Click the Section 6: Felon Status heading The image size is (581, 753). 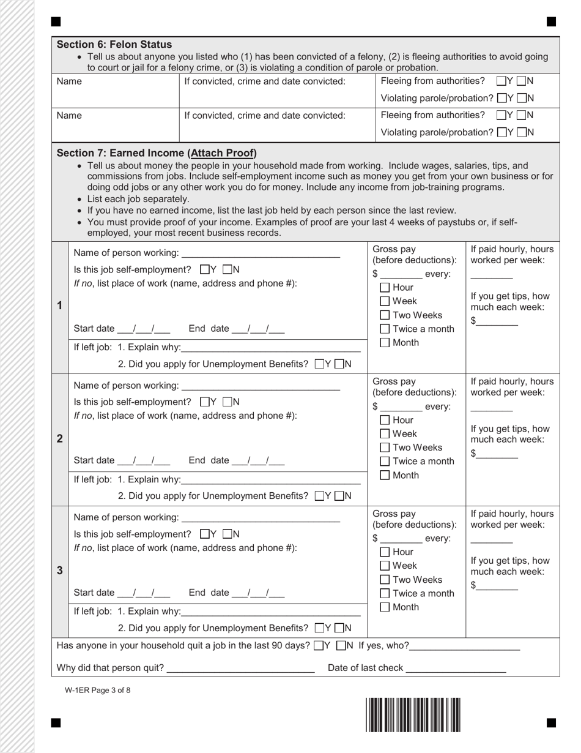[114, 45]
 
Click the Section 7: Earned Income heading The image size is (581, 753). [157, 153]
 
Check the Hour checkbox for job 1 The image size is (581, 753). [385, 288]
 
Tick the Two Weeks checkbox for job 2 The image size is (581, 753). [385, 448]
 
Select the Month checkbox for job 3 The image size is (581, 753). [385, 607]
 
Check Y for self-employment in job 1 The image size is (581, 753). [205, 269]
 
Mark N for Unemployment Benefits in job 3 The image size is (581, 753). [339, 628]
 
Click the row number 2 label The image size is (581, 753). [60, 438]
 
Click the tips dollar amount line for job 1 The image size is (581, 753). [497, 321]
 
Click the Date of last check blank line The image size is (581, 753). [456, 669]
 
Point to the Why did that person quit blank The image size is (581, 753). [240, 669]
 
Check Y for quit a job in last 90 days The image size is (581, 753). [319, 645]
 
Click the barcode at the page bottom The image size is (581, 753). [413, 714]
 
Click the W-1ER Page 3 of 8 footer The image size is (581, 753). [97, 691]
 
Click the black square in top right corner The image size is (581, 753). [551, 22]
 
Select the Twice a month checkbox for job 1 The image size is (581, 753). [385, 329]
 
